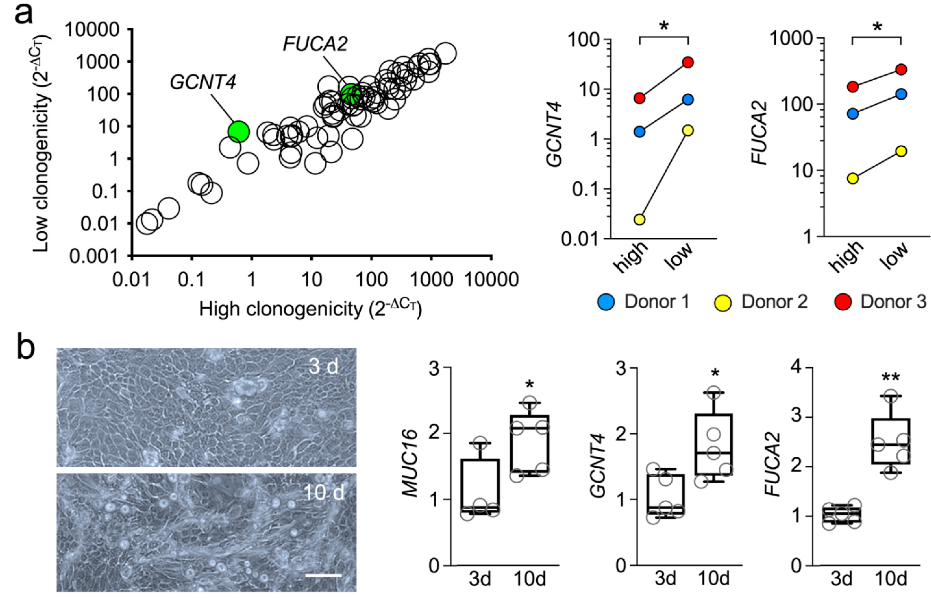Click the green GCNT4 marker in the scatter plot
coord(238,131)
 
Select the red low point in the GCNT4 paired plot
coord(688,62)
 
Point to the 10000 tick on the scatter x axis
coord(491,279)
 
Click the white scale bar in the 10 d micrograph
coord(323,575)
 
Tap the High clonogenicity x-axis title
coord(310,309)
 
